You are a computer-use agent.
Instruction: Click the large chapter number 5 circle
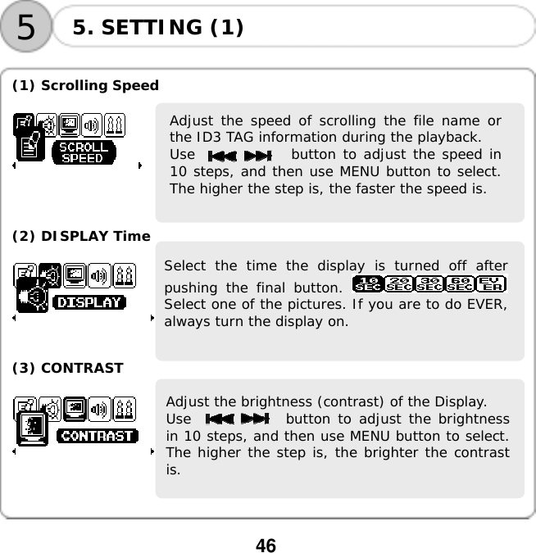[x=26, y=27]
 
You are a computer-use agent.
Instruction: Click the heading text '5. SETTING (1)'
[x=157, y=28]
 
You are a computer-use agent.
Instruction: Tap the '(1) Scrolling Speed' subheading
[x=85, y=85]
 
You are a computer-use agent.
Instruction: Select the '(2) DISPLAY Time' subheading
[x=80, y=236]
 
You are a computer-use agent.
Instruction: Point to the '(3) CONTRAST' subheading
[x=67, y=368]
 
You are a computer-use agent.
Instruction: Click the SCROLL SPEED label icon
[x=83, y=153]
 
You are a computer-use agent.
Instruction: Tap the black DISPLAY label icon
[x=89, y=303]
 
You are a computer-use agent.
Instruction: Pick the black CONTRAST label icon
[x=98, y=436]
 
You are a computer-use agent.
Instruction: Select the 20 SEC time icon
[x=398, y=284]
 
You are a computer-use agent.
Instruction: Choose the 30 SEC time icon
[x=429, y=284]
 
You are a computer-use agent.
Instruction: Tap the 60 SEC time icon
[x=461, y=284]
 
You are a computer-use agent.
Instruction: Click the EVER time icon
[x=492, y=284]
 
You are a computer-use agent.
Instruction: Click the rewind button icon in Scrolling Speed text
[x=222, y=156]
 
